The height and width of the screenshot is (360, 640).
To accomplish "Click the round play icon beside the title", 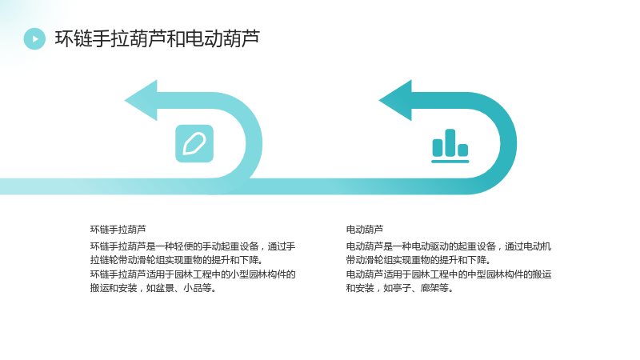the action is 34,38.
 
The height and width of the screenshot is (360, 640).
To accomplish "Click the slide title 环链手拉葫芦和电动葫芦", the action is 158,38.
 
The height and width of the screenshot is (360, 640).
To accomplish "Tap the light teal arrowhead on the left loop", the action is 141,101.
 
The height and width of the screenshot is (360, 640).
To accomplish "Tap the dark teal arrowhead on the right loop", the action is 395,101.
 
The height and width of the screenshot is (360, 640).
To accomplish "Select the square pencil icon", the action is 194,144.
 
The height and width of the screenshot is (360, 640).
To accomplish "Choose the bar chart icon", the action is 450,146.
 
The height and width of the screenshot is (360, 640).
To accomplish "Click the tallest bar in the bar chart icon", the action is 450,142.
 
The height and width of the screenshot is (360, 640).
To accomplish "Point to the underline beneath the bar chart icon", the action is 450,162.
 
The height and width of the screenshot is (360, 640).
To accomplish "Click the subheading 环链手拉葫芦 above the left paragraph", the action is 118,230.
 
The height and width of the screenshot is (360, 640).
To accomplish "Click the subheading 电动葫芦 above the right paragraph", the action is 365,230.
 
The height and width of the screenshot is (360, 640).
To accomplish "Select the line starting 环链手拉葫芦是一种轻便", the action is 193,246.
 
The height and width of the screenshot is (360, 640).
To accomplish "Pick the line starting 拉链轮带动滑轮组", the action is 176,260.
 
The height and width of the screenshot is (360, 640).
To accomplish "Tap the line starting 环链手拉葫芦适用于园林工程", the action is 193,274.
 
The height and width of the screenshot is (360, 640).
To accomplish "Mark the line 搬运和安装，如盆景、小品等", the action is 153,288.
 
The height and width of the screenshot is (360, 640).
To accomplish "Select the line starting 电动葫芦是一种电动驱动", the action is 449,246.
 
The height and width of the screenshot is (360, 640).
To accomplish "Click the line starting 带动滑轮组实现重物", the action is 418,260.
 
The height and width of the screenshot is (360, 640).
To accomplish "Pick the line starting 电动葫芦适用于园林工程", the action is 449,274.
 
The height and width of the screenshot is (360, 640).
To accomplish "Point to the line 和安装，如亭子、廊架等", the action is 399,288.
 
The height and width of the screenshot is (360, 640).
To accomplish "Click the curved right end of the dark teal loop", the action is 509,144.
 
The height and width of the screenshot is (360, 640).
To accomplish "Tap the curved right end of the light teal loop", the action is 254,144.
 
